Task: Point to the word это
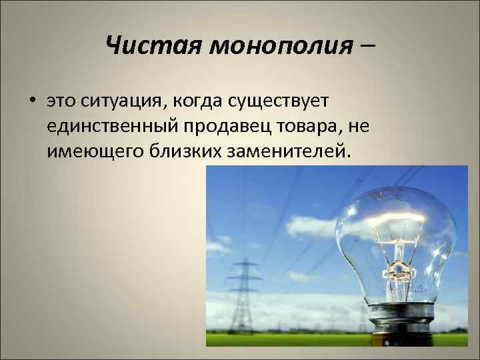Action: point(63,102)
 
